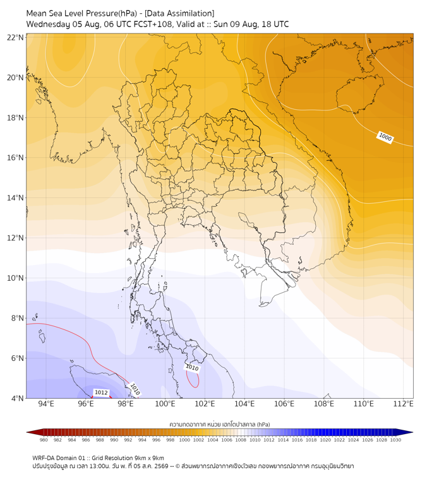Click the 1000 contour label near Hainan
[x=385, y=137]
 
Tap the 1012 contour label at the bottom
[x=101, y=392]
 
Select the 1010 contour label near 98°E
[x=135, y=389]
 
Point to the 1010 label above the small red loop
[x=192, y=367]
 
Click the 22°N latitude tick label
[x=15, y=37]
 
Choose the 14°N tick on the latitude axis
[x=15, y=197]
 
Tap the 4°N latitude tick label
[x=17, y=398]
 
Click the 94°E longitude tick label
[x=46, y=404]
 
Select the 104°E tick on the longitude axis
[x=244, y=404]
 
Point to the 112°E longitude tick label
[x=403, y=404]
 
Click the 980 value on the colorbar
[x=44, y=440]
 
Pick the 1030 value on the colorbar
[x=395, y=440]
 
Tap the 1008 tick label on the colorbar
[x=241, y=440]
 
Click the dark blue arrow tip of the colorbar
[x=412, y=432]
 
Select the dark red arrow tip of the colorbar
[x=27, y=432]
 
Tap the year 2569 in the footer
[x=161, y=466]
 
